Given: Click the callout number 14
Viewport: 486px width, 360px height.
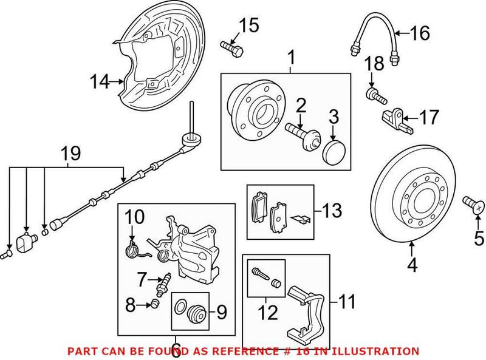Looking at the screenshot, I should click(x=101, y=81).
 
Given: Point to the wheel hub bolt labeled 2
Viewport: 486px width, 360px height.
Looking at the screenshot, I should click(x=298, y=133).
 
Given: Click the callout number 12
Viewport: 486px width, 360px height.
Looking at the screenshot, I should click(x=268, y=312).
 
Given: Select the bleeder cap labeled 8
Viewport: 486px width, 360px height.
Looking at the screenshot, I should click(x=155, y=304).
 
